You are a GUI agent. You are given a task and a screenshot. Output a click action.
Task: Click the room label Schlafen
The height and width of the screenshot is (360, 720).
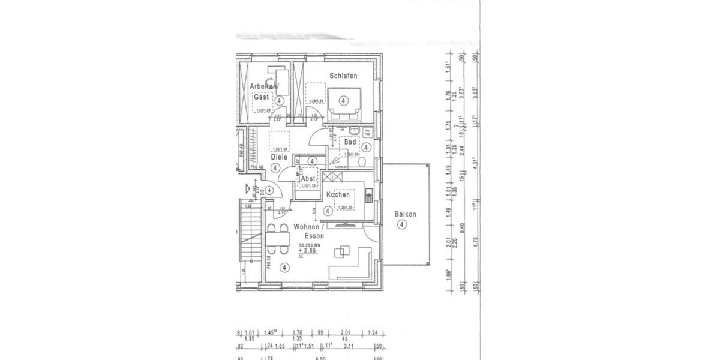tap(343, 76)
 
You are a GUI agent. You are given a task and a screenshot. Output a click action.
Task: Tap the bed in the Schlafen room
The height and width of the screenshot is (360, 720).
tap(344, 102)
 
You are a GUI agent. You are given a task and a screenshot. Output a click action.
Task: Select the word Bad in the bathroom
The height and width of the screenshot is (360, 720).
tap(350, 142)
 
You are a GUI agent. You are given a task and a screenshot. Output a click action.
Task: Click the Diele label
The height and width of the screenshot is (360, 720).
tap(278, 157)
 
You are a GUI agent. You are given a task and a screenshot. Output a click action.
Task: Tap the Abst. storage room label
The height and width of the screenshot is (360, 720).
tap(308, 179)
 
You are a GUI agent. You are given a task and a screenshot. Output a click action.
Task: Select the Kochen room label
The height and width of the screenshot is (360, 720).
tap(338, 195)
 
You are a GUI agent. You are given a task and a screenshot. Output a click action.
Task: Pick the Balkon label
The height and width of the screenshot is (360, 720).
tap(406, 214)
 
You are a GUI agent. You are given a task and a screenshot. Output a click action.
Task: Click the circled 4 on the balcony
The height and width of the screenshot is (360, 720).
tap(402, 224)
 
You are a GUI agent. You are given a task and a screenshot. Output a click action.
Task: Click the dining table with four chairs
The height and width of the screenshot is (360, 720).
tap(277, 239)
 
